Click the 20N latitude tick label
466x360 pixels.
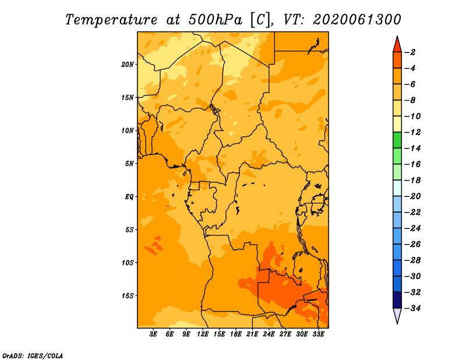[128, 65]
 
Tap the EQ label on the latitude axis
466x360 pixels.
[129, 197]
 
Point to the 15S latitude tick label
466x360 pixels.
[128, 296]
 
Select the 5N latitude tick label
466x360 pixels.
[129, 164]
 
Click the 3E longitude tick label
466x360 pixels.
[153, 334]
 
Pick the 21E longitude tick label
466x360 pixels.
[252, 334]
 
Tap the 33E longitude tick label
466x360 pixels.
[318, 334]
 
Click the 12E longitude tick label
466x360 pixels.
[203, 334]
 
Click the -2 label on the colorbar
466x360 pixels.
[410, 52]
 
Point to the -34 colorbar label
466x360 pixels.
[412, 308]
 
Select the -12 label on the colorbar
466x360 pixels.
[412, 132]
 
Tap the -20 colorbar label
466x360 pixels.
[412, 196]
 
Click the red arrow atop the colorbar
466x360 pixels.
[397, 45]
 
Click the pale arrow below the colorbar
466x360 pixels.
[397, 316]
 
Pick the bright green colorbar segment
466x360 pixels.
[397, 140]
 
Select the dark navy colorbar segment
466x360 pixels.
[397, 300]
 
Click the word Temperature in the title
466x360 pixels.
[111, 20]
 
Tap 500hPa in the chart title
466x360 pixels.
[216, 20]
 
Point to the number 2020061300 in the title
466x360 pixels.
[357, 20]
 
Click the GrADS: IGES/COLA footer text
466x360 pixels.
[33, 356]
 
